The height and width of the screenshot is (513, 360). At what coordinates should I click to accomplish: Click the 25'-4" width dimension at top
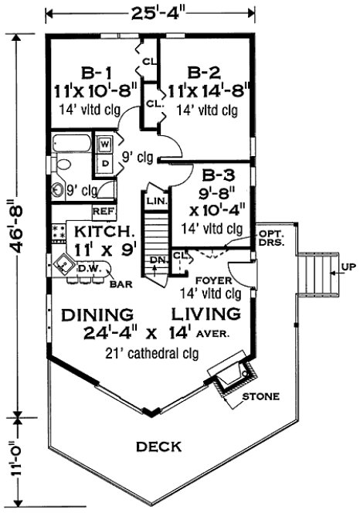pyautogui.click(x=151, y=13)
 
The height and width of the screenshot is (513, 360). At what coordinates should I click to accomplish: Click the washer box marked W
pyautogui.click(x=103, y=144)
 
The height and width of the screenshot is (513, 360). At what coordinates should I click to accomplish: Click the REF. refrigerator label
pyautogui.click(x=104, y=210)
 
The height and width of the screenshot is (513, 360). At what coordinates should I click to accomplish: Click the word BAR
pyautogui.click(x=120, y=285)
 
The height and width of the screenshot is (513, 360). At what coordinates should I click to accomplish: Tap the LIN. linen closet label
pyautogui.click(x=156, y=201)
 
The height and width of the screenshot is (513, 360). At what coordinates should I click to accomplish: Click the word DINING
pyautogui.click(x=97, y=315)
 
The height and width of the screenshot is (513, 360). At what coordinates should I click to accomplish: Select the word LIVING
pyautogui.click(x=205, y=314)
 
